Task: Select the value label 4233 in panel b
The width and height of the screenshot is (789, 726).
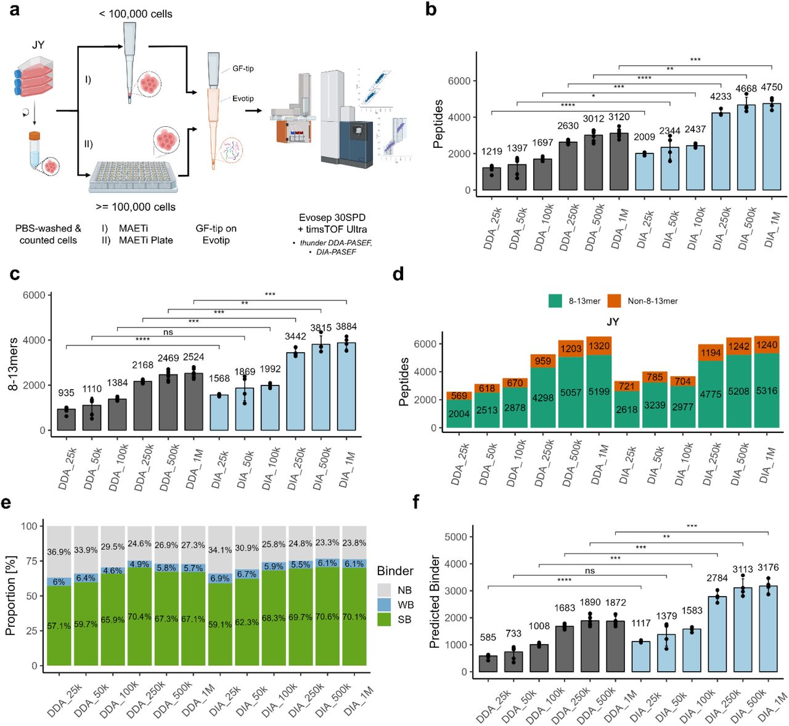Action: [x=721, y=97]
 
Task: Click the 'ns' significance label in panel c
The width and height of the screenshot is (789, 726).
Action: [x=168, y=332]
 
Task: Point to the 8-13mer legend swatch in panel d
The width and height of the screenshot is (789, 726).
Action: [x=555, y=300]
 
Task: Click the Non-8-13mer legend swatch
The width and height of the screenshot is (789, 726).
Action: [x=614, y=300]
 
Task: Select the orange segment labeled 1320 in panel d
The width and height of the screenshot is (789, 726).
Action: [x=599, y=346]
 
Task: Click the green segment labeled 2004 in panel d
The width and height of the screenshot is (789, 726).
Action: [x=459, y=414]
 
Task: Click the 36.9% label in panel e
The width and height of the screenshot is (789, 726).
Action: [x=59, y=552]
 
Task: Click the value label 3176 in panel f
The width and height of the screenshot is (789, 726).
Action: [x=767, y=567]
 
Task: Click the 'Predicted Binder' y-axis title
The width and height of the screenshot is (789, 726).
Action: [x=435, y=601]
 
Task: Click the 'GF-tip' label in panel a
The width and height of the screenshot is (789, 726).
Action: [x=243, y=68]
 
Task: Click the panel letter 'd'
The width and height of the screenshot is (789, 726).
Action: [x=399, y=275]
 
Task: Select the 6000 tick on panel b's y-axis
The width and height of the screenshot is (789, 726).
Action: [x=459, y=81]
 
